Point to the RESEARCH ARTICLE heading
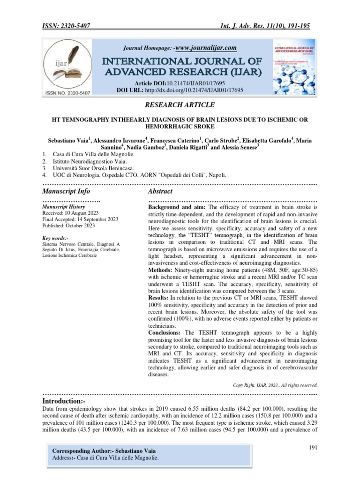click(x=180, y=105)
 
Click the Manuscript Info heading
click(x=66, y=191)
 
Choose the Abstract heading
click(x=160, y=191)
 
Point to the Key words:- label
click(x=54, y=238)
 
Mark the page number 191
click(x=314, y=448)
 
